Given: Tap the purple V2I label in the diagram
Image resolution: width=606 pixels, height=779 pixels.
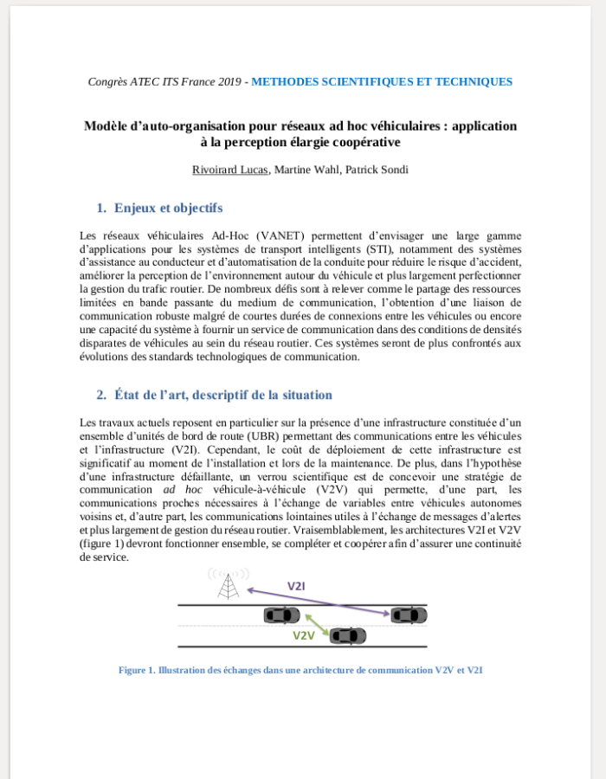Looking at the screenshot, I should pyautogui.click(x=296, y=587).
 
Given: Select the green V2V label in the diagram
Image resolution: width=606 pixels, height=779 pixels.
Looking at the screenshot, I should pyautogui.click(x=302, y=635).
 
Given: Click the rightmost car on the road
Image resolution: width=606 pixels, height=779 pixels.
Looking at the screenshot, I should pyautogui.click(x=409, y=615).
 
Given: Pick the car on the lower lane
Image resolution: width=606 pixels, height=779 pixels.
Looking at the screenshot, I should pyautogui.click(x=344, y=636).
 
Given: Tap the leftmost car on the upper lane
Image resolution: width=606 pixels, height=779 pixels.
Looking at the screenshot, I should pyautogui.click(x=281, y=615).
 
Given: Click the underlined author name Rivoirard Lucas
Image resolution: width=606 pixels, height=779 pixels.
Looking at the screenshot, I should pyautogui.click(x=231, y=170).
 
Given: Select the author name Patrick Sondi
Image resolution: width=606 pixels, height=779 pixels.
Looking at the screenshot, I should pyautogui.click(x=378, y=170).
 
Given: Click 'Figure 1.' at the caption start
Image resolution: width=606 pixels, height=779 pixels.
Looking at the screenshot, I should pyautogui.click(x=137, y=670).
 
